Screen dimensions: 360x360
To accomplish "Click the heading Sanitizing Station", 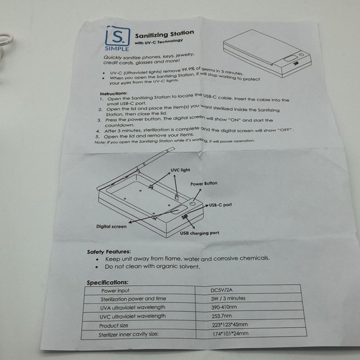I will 163,34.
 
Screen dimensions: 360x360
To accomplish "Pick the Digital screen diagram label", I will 111,227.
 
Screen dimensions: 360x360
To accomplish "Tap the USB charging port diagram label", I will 199,233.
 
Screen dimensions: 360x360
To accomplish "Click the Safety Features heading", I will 109,251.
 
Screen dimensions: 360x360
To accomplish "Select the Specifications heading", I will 107,282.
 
